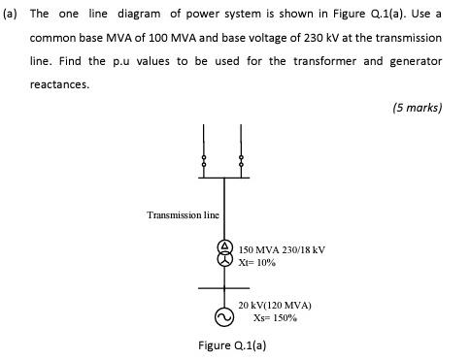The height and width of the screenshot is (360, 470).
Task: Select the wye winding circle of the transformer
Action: tap(224, 261)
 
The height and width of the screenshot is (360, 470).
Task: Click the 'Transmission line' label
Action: tap(183, 214)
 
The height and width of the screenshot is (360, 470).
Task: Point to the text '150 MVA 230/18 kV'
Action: tap(282, 249)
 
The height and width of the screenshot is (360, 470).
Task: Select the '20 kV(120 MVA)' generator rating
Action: tap(275, 304)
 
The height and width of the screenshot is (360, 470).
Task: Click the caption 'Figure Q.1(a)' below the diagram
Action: tap(232, 345)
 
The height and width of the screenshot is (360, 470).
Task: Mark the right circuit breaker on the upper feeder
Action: tap(240, 160)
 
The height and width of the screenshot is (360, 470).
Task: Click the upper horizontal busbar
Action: tap(222, 178)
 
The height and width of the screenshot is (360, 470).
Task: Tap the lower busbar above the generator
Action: tap(224, 288)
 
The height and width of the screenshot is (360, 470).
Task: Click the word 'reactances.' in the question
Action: tap(60, 83)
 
